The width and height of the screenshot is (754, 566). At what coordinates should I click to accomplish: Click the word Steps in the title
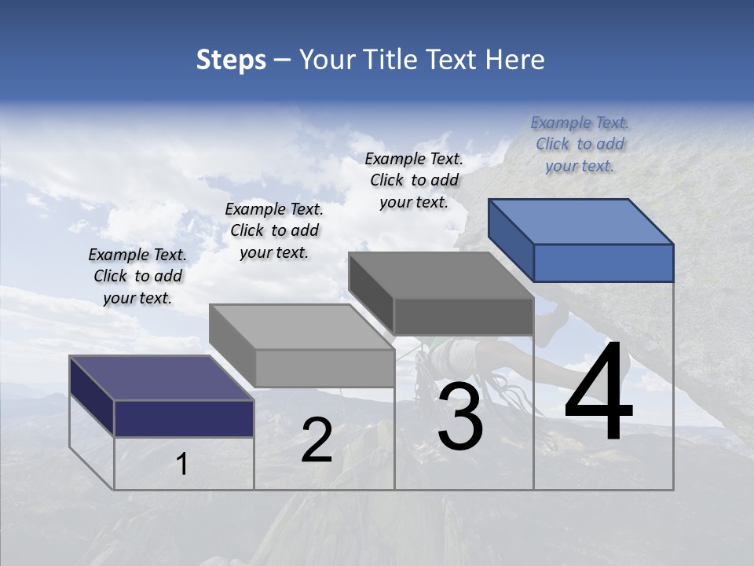coord(231,60)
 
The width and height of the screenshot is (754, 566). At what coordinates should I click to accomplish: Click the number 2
coord(317,440)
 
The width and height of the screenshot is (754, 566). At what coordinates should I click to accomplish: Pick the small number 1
coord(182,465)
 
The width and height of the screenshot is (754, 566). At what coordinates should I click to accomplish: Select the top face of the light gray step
coord(302,327)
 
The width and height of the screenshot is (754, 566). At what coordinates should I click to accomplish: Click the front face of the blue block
coord(603,263)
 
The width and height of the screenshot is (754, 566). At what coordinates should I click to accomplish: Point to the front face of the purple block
coord(184,418)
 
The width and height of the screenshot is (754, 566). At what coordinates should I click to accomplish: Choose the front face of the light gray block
coord(324,368)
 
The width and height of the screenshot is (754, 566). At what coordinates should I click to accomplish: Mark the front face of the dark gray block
coord(463,316)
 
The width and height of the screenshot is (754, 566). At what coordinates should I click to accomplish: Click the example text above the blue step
coord(580,145)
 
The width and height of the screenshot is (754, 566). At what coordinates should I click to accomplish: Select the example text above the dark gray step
coord(414,180)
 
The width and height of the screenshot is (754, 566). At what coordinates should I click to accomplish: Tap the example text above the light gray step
coord(274,230)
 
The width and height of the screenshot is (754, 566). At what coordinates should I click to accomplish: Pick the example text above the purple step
coord(137,276)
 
